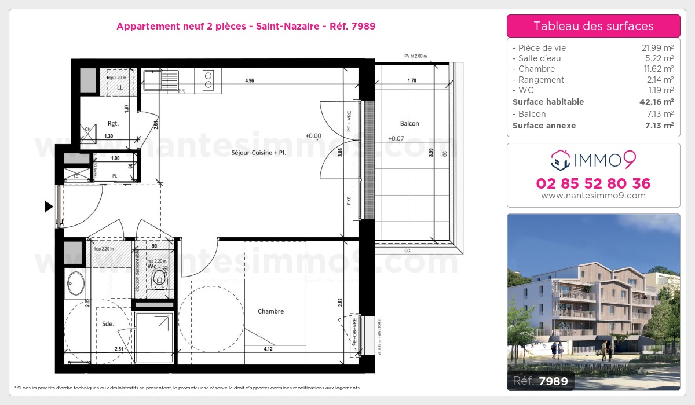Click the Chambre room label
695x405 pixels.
coord(270,311)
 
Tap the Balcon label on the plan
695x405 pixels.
coord(409,123)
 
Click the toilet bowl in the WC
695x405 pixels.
coord(158,281)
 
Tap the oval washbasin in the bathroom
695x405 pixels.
coord(76,283)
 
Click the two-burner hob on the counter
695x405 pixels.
coord(208,79)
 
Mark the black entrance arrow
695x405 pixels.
coord(49,206)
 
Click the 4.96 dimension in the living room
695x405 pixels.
coord(250,81)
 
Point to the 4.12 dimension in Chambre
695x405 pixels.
coord(268,349)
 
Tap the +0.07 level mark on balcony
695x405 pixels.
coord(396,138)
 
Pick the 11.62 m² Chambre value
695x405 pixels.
coord(660,69)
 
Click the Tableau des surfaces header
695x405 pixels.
coord(593,26)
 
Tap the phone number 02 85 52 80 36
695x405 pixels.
coord(593,183)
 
